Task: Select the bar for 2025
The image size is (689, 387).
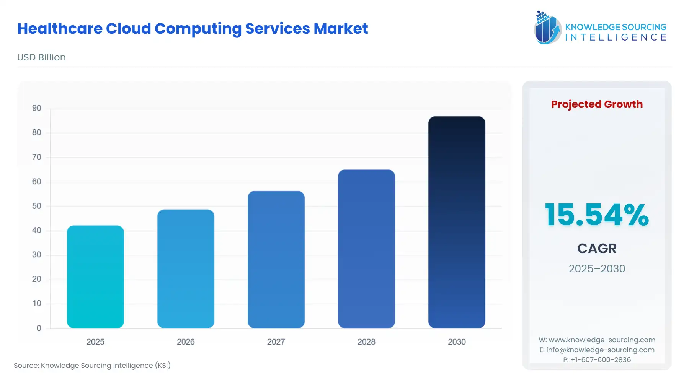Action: point(95,277)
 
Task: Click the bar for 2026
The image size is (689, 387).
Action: point(186,269)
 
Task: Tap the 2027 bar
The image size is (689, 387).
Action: point(276,260)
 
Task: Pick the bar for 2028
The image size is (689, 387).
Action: point(366,249)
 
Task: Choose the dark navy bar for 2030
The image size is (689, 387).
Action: point(457,222)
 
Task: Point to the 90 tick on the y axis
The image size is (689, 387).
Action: point(37,108)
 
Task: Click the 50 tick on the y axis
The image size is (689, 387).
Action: point(37,206)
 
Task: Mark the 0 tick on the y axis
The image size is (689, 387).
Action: point(39,328)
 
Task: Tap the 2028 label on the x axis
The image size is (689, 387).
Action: point(366,342)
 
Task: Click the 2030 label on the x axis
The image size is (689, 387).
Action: point(457,342)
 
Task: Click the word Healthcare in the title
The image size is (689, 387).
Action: point(60,29)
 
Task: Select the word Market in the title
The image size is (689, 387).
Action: point(341,29)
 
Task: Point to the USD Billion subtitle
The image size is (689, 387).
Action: point(41,57)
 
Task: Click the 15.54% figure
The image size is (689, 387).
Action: point(597,215)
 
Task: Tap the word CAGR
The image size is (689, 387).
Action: point(597,249)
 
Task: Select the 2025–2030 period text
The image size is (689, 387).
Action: point(597,268)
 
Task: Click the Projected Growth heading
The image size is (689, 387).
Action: point(597,104)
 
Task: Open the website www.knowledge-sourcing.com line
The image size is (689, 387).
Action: point(601,340)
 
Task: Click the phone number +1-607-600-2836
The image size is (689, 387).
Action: point(601,360)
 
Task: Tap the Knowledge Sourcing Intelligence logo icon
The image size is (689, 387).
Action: point(547,28)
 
